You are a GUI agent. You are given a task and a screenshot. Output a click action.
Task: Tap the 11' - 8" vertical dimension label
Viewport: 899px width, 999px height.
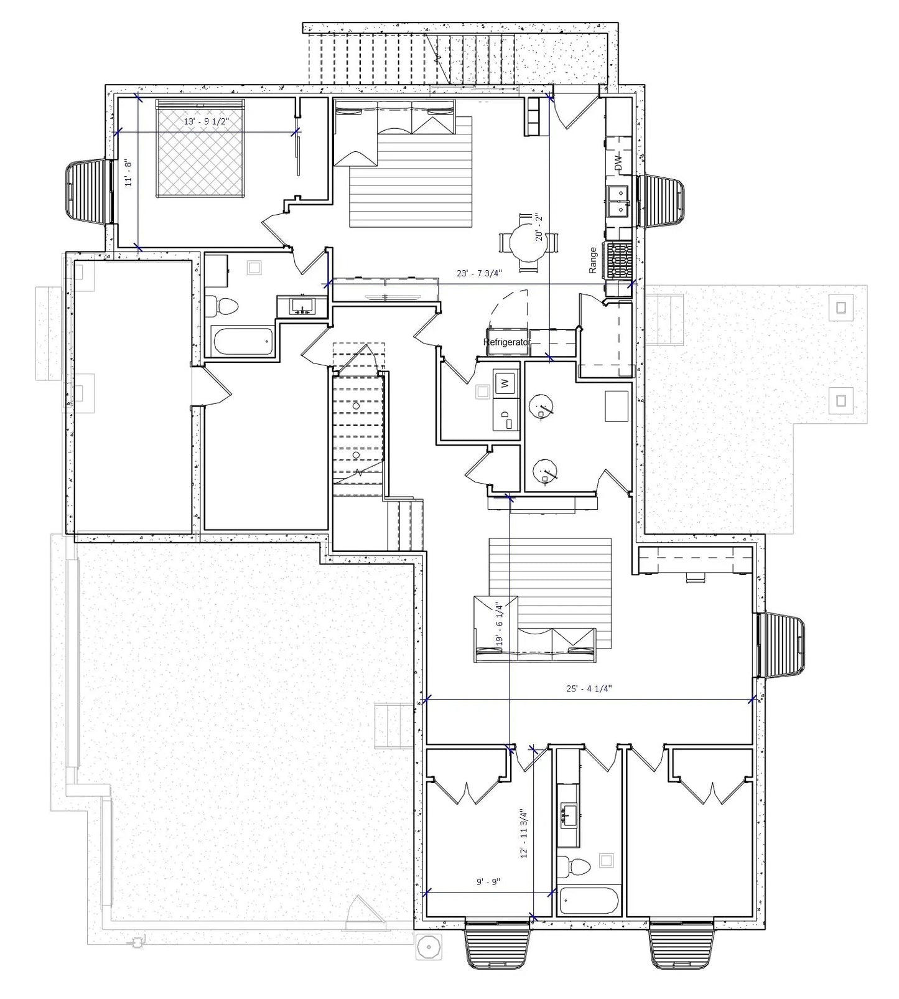(129, 174)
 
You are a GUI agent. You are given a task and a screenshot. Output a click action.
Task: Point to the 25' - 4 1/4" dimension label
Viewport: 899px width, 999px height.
(589, 688)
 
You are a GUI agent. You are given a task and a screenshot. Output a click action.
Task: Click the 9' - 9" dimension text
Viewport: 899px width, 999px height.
(488, 882)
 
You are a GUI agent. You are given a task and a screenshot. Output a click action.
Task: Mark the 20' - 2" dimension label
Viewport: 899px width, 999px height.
(539, 227)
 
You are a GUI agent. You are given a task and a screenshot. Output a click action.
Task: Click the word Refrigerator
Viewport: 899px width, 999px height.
(506, 342)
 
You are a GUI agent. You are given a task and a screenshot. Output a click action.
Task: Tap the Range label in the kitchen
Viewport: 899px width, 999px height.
(593, 260)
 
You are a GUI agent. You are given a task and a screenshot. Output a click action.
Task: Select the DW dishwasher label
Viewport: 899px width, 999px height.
(618, 164)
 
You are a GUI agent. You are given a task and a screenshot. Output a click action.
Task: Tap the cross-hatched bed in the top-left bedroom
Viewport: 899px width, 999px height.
(200, 149)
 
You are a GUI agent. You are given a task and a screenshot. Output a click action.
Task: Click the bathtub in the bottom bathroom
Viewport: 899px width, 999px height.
(588, 900)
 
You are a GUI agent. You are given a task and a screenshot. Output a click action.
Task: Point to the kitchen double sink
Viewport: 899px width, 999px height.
(620, 201)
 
